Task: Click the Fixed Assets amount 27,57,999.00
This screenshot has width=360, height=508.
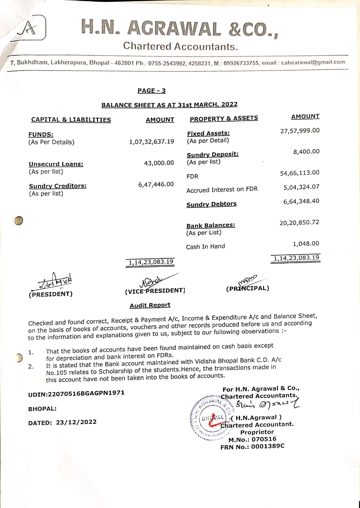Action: tap(300, 131)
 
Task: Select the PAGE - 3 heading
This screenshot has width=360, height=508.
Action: tap(152, 90)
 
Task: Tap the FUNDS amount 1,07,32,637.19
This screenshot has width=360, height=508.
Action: tap(151, 142)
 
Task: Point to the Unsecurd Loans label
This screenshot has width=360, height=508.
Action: tap(56, 164)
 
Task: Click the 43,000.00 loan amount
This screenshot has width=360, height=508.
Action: tap(159, 163)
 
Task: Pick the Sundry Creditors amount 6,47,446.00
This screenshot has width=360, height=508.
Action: tap(156, 184)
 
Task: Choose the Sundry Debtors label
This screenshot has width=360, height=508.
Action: tap(212, 204)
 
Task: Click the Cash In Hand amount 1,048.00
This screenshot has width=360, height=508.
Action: tap(306, 244)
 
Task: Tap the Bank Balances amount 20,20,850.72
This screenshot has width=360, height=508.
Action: tap(299, 223)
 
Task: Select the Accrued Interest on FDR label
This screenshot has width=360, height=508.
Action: tap(222, 190)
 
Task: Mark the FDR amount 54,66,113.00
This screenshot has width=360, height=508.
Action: tap(300, 173)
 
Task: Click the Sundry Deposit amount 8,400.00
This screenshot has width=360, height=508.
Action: tap(306, 152)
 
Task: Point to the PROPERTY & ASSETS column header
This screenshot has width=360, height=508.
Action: tap(224, 118)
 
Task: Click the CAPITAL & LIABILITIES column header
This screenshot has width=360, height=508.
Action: tap(71, 120)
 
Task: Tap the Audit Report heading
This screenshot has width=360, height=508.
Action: tap(150, 305)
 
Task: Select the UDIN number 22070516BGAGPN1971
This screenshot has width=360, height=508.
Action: tap(76, 393)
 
